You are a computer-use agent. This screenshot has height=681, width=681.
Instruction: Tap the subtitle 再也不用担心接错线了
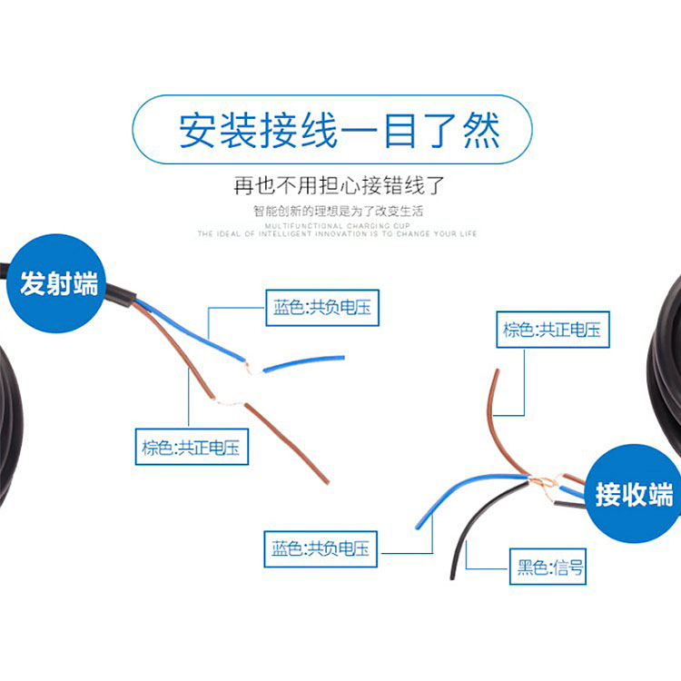[339, 187]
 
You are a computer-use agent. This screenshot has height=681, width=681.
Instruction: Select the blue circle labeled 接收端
[634, 495]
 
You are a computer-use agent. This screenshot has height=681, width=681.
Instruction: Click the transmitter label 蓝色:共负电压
[321, 308]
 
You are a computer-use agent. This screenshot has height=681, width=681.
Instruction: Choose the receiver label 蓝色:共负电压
[321, 548]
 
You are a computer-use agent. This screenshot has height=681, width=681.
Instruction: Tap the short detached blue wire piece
[304, 362]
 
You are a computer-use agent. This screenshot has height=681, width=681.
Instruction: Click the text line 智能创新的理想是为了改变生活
[339, 211]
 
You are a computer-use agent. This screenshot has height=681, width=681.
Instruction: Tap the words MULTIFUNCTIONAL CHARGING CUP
[339, 224]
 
